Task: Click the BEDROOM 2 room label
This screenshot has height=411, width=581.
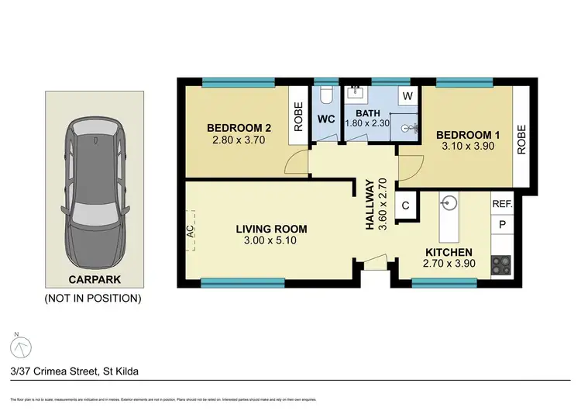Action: click(239, 128)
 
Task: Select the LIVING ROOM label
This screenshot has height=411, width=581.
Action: click(271, 229)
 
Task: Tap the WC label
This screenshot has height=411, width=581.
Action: click(325, 120)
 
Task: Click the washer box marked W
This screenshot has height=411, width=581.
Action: click(407, 96)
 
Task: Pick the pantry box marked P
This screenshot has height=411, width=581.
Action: click(502, 224)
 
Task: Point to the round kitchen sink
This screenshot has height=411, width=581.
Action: click(449, 204)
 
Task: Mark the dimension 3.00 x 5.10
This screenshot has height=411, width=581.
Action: click(271, 240)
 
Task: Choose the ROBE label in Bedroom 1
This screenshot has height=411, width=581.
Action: click(521, 139)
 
